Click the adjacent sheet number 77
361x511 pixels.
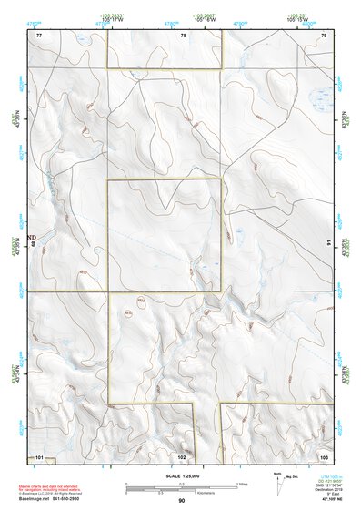(x=39, y=35)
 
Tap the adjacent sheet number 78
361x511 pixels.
(x=183, y=35)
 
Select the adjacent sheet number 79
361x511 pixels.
(x=324, y=35)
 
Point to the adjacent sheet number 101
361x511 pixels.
(x=39, y=455)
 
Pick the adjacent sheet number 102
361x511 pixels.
(x=182, y=455)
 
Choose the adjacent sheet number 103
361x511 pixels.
(x=323, y=455)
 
